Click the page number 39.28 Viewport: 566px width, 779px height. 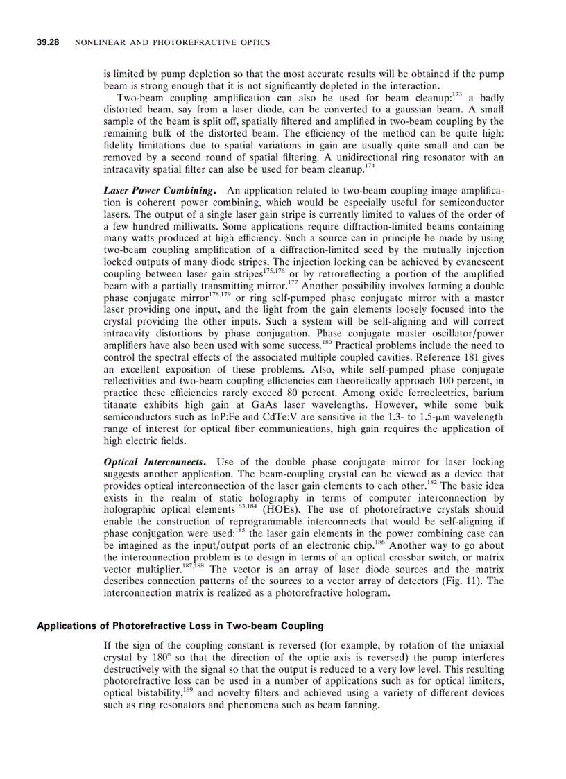[x=48, y=43]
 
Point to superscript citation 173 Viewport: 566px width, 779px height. [x=457, y=94]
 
